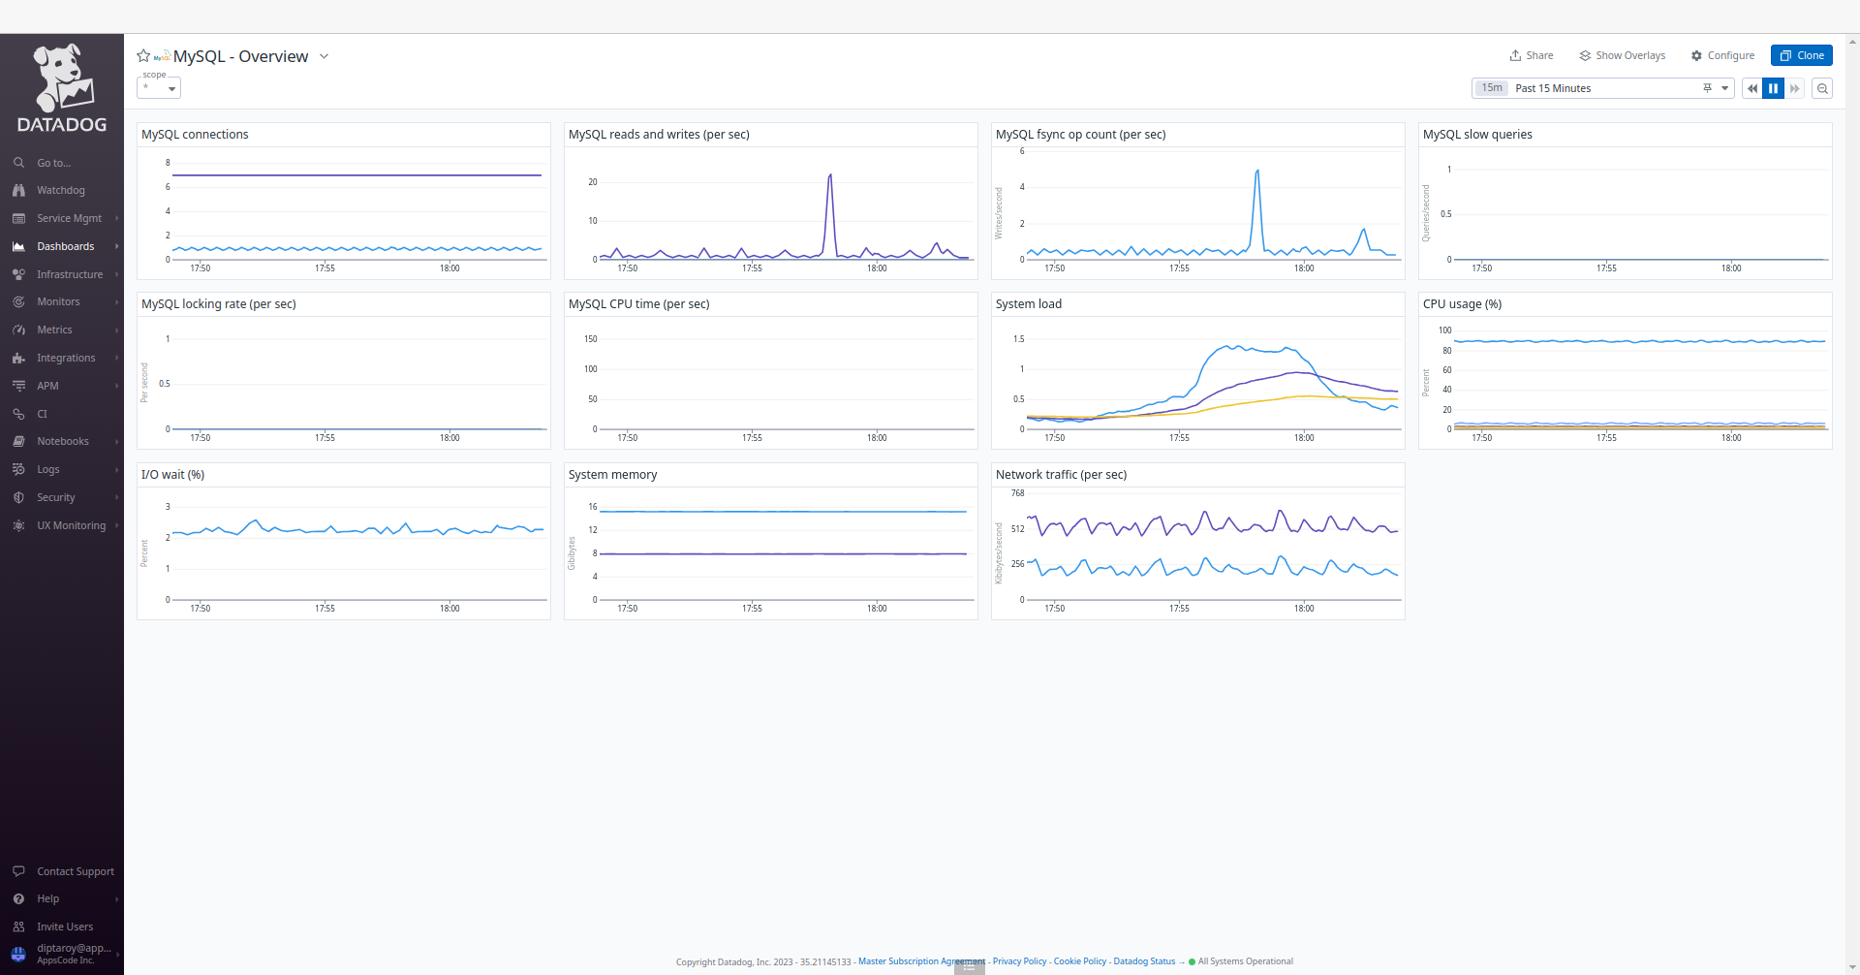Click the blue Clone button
click(x=1801, y=55)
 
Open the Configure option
click(x=1722, y=55)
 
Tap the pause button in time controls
click(x=1773, y=88)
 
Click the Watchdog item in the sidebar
click(x=60, y=191)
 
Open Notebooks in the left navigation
click(x=62, y=442)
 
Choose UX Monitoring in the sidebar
click(x=71, y=525)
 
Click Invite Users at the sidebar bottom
click(x=65, y=928)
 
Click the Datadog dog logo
click(x=62, y=78)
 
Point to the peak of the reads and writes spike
click(x=830, y=175)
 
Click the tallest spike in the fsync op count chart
click(x=1257, y=172)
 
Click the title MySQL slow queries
click(x=1477, y=135)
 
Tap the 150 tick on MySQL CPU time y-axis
click(x=591, y=339)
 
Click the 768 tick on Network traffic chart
click(x=1017, y=493)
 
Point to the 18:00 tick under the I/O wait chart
click(x=449, y=609)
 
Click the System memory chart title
click(x=612, y=475)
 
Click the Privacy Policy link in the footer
click(x=1019, y=961)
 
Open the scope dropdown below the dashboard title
click(x=159, y=88)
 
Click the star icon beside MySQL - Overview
click(x=143, y=56)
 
